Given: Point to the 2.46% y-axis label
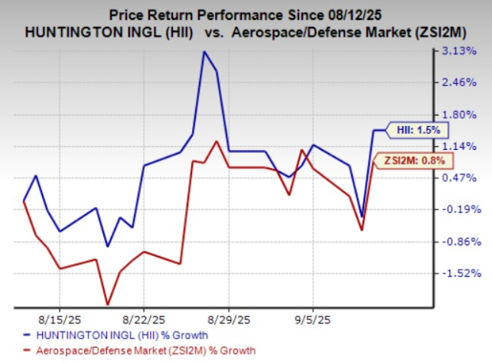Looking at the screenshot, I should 459,82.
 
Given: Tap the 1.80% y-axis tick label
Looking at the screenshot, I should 459,114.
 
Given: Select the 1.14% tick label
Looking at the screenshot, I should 459,146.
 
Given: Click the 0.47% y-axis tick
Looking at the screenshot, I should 459,178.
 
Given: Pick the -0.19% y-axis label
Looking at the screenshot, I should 458,209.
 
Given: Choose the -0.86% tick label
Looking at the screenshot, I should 458,241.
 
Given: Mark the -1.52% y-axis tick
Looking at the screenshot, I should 458,273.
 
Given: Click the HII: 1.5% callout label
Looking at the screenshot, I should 418,130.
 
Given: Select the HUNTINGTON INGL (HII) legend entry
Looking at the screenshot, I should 111,334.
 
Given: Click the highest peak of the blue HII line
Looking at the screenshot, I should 204,52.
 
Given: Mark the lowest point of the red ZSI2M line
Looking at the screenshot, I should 108,304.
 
